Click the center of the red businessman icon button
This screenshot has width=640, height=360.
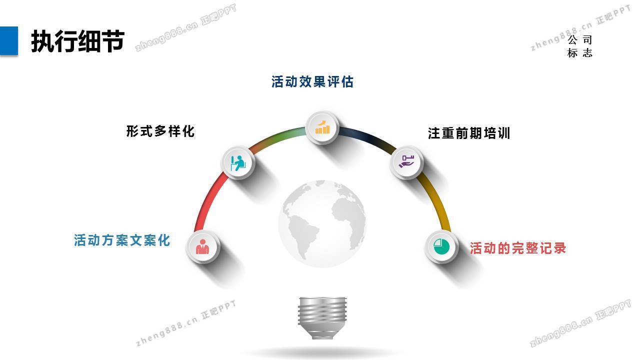202,246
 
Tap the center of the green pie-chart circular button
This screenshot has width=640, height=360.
441,246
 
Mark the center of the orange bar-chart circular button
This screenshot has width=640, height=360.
322,127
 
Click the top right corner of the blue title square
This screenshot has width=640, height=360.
18,26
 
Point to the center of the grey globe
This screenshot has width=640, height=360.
322,223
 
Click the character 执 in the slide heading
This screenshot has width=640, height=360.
42,41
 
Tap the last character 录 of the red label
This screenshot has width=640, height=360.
559,248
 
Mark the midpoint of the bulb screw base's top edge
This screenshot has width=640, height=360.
322,297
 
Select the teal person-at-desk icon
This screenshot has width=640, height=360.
238,163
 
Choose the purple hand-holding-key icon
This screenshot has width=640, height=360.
406,161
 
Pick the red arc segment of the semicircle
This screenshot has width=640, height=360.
208,201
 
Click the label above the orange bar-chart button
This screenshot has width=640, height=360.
312,81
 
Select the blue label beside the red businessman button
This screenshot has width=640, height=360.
122,240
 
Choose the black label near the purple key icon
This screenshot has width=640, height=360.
469,133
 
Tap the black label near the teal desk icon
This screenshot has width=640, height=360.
160,131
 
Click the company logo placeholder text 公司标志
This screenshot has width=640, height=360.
579,46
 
